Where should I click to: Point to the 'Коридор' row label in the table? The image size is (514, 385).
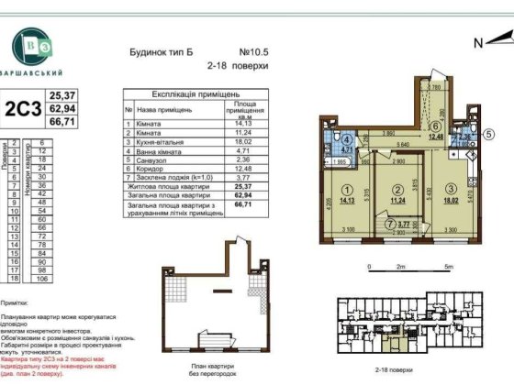(x=147, y=166)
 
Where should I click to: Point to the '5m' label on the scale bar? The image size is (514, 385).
(x=446, y=266)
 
